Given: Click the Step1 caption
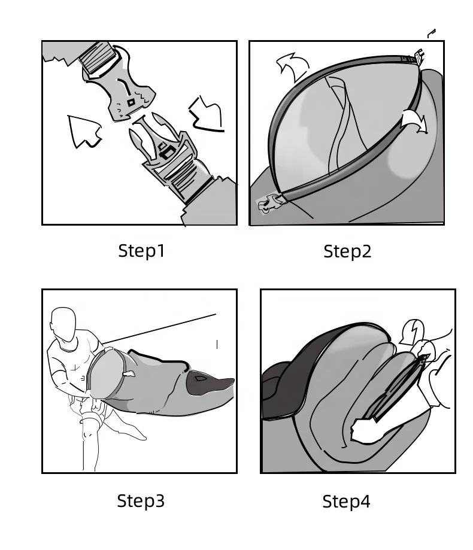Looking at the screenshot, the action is coord(141,251).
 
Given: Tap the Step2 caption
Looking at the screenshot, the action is coord(347,252).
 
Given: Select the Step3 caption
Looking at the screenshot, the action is coord(141,500).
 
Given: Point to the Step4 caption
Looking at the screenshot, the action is coord(346,502).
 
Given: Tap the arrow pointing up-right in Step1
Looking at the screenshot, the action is coord(84,131).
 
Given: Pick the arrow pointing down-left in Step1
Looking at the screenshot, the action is coord(207,114).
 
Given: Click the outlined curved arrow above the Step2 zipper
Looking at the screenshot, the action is coord(293,66).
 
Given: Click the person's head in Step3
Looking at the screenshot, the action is coord(64,326).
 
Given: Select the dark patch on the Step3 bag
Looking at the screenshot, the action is coord(199,378).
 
